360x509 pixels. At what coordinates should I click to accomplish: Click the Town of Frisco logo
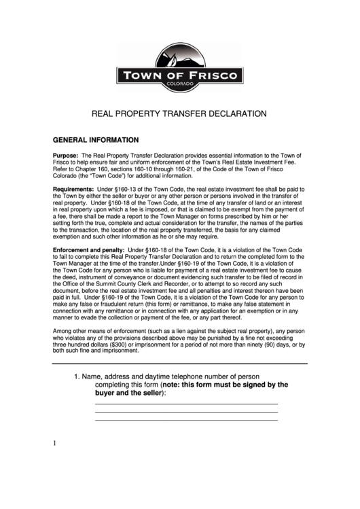click(179, 67)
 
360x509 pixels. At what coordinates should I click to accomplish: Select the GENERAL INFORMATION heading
click(96, 141)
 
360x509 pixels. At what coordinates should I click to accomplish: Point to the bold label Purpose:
click(66, 156)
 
